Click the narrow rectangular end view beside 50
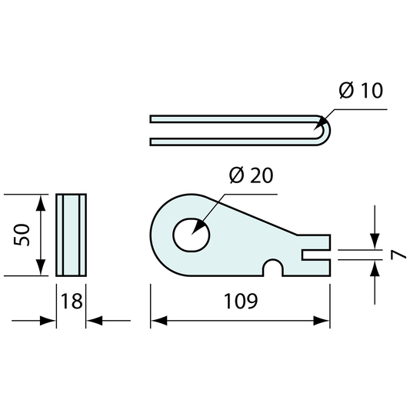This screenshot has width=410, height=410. tap(72, 234)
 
